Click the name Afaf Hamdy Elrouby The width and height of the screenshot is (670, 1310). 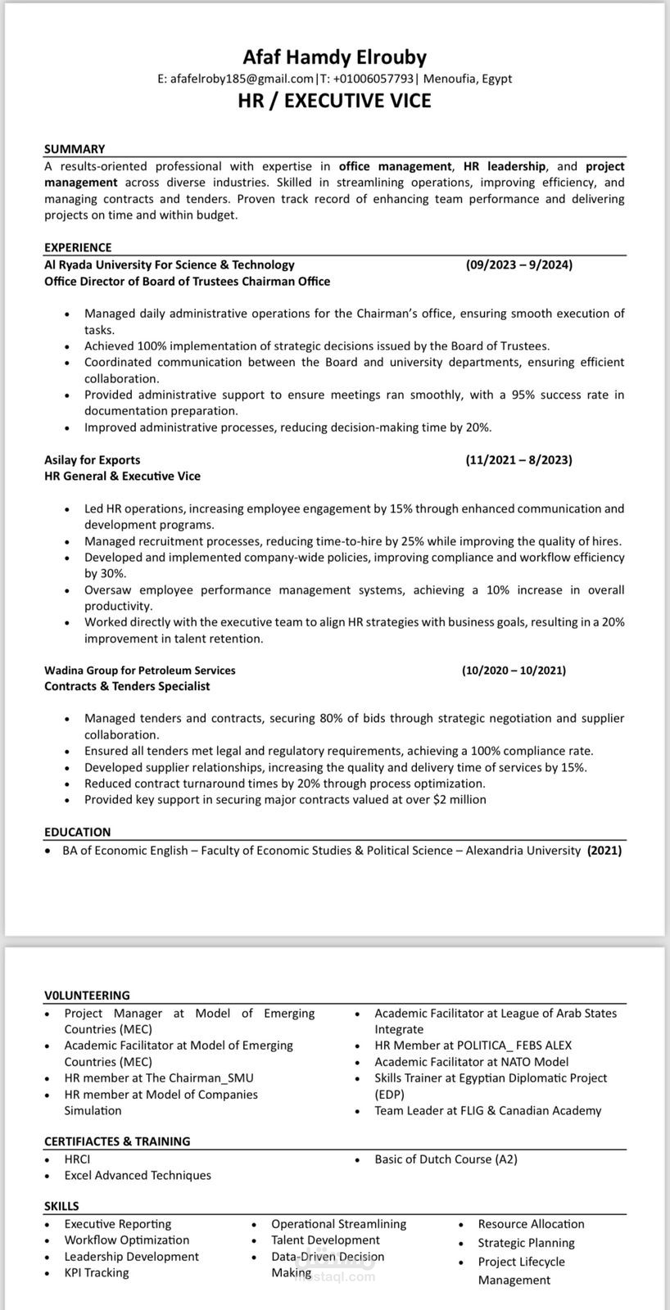(334, 57)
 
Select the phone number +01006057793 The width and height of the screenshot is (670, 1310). (373, 79)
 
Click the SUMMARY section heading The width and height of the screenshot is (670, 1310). (75, 149)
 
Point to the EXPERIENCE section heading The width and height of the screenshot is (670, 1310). (78, 247)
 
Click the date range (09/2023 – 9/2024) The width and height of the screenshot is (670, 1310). (518, 264)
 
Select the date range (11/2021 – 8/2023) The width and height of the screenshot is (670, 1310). (518, 460)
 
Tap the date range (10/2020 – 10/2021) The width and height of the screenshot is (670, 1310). (514, 670)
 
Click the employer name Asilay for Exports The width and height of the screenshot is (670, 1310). (92, 460)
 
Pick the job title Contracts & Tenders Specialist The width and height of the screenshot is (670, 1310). (127, 686)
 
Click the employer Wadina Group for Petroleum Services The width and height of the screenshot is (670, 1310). (139, 670)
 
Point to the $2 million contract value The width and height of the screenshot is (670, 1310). (459, 799)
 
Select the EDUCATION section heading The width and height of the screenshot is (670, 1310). (77, 832)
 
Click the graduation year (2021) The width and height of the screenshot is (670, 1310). (604, 851)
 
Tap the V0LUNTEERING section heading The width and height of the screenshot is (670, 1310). (87, 996)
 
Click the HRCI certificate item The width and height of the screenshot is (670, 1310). (77, 1159)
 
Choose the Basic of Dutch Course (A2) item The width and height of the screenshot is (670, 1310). (446, 1159)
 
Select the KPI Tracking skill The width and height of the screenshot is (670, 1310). (97, 1272)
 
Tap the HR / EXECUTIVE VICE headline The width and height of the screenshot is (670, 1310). (334, 101)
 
